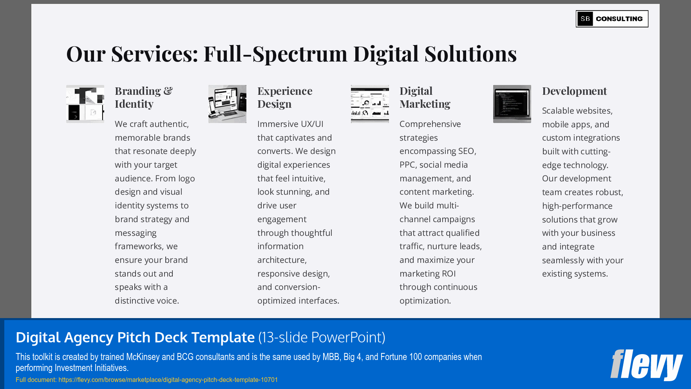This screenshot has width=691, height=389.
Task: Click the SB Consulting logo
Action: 612,19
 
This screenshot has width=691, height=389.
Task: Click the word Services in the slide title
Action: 154,54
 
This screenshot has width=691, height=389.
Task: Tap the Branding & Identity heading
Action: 143,98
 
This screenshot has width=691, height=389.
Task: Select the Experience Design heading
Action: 285,98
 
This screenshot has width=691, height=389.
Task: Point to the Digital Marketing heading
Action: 425,98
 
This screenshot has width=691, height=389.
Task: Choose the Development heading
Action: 574,91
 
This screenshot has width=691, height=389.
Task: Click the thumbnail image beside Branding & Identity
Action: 85,104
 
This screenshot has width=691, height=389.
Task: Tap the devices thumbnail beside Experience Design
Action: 227,104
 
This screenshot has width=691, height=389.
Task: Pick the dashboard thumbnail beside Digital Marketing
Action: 370,104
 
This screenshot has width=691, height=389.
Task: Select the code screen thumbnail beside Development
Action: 512,104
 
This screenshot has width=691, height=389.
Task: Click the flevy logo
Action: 646,365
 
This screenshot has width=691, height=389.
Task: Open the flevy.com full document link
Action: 168,380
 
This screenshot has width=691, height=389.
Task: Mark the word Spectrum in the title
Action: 300,54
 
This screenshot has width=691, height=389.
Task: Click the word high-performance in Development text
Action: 577,206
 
